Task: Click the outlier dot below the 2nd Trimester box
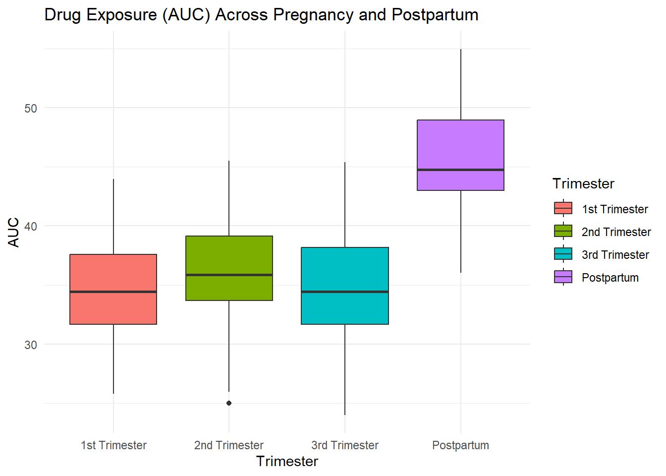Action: [229, 403]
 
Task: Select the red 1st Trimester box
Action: [113, 307]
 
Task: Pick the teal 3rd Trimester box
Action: [345, 307]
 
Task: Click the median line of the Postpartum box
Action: [461, 170]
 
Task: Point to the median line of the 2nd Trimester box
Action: [229, 275]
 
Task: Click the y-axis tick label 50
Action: [31, 109]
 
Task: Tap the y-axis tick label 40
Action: [31, 227]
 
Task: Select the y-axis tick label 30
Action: [31, 345]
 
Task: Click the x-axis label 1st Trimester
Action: [113, 445]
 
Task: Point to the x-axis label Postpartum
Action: [461, 445]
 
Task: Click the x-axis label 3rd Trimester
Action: [345, 445]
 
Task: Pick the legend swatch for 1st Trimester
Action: [563, 208]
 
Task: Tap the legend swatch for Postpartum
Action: [563, 277]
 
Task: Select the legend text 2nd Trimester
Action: [616, 232]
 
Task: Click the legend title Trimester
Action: [583, 184]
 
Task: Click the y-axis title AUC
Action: [14, 232]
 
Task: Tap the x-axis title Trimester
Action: [287, 462]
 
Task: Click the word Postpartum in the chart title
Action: [435, 15]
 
